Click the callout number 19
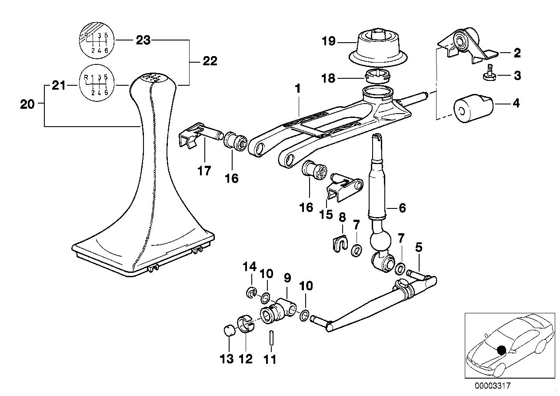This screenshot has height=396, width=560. point(328,41)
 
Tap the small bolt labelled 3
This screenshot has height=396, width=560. point(489,76)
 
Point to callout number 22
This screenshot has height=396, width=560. point(210,61)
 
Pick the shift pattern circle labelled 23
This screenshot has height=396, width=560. point(97,40)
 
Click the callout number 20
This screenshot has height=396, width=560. point(27,104)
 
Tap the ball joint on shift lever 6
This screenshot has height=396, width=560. point(380,241)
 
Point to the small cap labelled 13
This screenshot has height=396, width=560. point(230,332)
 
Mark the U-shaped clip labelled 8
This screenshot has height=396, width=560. point(340,242)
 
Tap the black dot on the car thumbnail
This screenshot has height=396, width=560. point(501,350)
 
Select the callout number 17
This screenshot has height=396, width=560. point(204,171)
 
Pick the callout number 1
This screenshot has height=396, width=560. point(297,88)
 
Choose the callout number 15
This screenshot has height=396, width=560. point(326,215)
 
